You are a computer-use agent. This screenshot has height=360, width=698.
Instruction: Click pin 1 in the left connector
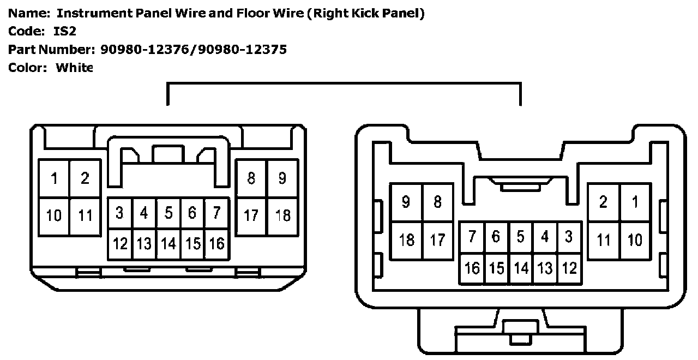click(x=55, y=178)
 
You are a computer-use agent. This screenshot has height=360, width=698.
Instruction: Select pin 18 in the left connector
click(x=282, y=215)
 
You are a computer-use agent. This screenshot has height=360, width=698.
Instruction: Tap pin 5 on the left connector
click(x=169, y=213)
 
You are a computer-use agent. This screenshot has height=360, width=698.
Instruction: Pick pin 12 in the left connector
click(x=120, y=243)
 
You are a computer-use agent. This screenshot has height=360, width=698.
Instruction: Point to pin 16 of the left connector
click(x=216, y=243)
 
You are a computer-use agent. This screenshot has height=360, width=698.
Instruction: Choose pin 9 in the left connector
click(x=282, y=178)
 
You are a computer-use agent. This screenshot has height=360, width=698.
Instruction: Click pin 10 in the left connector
click(x=54, y=215)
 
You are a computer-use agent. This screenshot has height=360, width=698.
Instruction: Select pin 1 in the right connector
click(x=635, y=202)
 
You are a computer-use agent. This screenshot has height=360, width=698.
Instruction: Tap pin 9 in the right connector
click(x=406, y=202)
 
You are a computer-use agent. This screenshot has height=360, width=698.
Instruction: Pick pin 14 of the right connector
click(x=521, y=268)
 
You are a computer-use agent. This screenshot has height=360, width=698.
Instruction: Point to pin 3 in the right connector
click(x=569, y=237)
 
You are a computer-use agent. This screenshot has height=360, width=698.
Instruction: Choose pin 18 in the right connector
click(x=407, y=239)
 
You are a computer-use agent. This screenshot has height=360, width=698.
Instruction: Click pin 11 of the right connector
click(x=603, y=239)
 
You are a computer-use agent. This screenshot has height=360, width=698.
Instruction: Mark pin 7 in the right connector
click(x=472, y=237)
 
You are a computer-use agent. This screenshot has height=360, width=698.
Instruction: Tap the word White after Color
click(x=75, y=68)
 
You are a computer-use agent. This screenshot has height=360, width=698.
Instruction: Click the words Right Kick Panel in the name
click(x=365, y=13)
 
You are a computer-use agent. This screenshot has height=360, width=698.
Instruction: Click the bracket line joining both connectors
click(x=344, y=83)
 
